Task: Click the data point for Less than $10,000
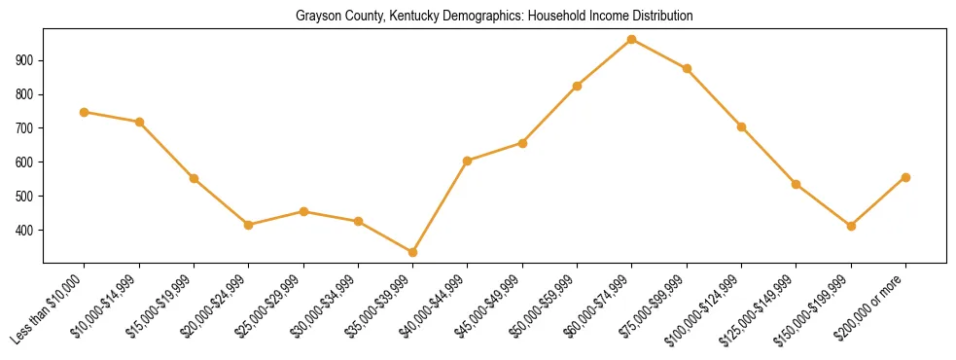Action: [x=85, y=112]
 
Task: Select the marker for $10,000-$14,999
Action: [x=139, y=122]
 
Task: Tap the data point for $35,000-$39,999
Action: [x=413, y=252]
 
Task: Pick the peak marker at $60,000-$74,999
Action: [x=632, y=39]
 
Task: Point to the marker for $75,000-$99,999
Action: [x=687, y=68]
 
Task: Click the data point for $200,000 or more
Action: [x=905, y=177]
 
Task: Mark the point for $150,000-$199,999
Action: [x=851, y=226]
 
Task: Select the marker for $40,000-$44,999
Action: [x=468, y=161]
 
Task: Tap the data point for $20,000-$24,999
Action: [x=249, y=225]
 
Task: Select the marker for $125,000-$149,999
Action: [x=797, y=184]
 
